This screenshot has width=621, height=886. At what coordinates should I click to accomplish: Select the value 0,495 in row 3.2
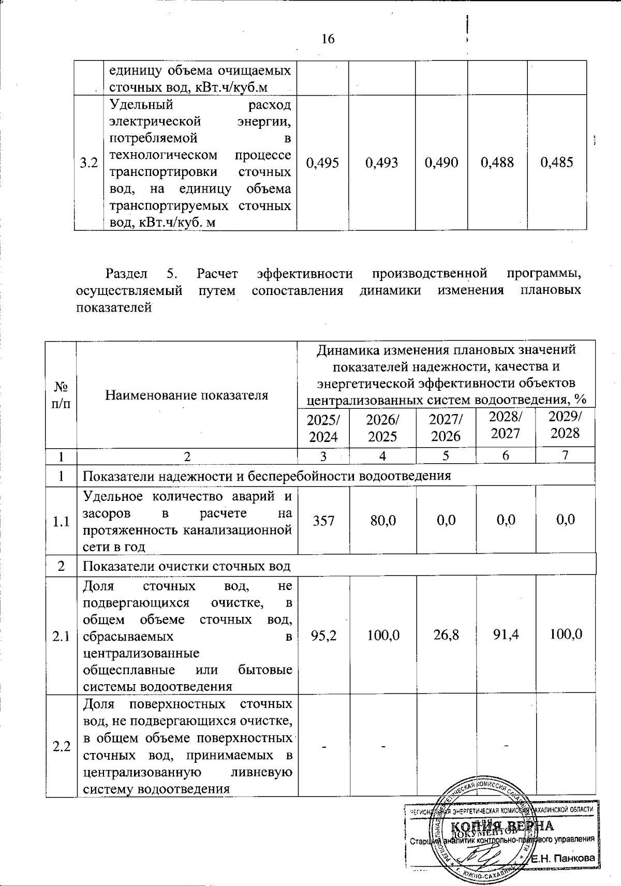click(x=322, y=163)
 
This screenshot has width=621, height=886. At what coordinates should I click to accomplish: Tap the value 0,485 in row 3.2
click(x=557, y=163)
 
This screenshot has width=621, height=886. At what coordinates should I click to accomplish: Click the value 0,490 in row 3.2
click(x=441, y=163)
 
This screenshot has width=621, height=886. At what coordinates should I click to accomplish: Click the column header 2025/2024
click(x=323, y=428)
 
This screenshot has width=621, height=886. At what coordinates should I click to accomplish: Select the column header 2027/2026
click(x=446, y=428)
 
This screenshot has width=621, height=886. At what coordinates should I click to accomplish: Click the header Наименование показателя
click(x=187, y=395)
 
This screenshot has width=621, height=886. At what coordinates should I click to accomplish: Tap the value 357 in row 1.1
click(x=323, y=520)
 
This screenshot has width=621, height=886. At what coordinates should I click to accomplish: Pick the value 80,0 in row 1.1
click(x=383, y=520)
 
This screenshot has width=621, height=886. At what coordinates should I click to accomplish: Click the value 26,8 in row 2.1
click(x=446, y=634)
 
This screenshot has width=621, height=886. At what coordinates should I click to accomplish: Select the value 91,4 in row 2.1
click(x=506, y=634)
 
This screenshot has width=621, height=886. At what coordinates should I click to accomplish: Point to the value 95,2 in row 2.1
click(x=323, y=634)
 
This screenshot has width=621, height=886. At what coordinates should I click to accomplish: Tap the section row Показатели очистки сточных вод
click(x=187, y=566)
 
